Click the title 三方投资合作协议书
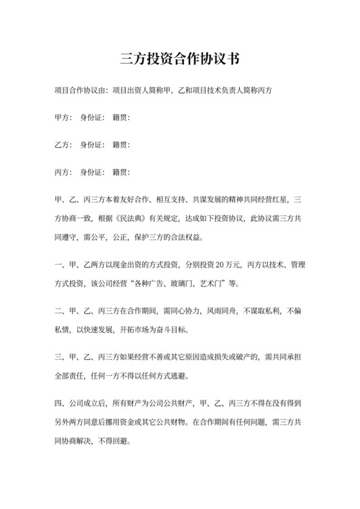[180, 59]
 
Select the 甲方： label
[64, 118]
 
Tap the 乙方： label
[64, 145]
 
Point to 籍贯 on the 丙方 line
[121, 172]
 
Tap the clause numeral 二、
[62, 312]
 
